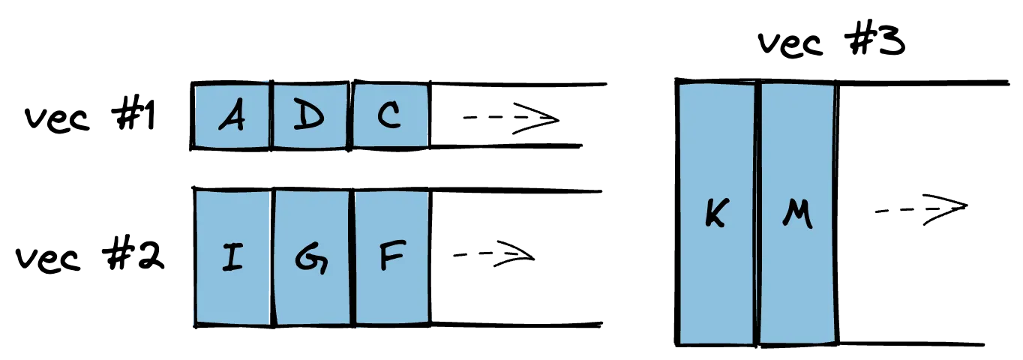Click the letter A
coord(232,117)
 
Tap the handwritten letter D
coord(309,116)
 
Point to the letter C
coord(389,116)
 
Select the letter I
coord(232,258)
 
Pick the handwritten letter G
coord(310,258)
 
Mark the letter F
coord(391,256)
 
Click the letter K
coord(716,215)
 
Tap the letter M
coord(796,216)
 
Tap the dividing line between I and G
coord(272,257)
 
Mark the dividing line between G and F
coord(352,257)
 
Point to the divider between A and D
coord(271,116)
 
